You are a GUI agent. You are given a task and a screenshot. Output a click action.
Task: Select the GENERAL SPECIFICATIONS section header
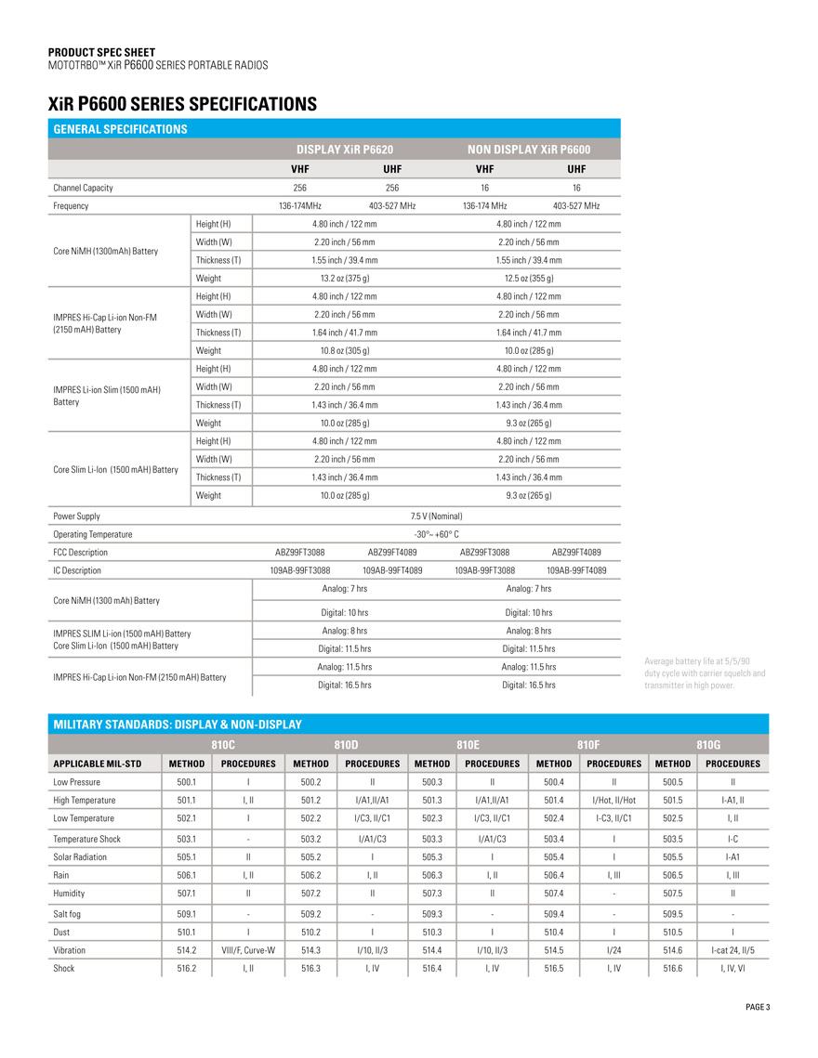pyautogui.click(x=120, y=129)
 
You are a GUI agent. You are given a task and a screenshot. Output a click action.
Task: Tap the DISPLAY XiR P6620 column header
pyautogui.click(x=345, y=149)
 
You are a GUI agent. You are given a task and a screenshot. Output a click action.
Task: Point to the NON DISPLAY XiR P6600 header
pyautogui.click(x=528, y=149)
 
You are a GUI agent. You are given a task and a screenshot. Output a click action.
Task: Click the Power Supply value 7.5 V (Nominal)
pyautogui.click(x=436, y=516)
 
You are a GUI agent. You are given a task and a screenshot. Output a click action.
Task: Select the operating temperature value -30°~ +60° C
pyautogui.click(x=436, y=534)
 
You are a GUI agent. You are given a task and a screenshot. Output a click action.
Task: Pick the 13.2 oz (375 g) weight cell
pyautogui.click(x=344, y=279)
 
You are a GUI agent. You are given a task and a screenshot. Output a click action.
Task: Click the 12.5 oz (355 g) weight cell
pyautogui.click(x=528, y=279)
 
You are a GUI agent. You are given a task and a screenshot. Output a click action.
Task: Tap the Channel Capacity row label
pyautogui.click(x=83, y=188)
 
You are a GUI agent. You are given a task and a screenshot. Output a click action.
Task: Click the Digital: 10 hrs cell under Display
pyautogui.click(x=344, y=612)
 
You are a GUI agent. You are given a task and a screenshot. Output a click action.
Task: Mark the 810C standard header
pyautogui.click(x=223, y=744)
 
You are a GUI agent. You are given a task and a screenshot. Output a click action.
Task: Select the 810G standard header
pyautogui.click(x=709, y=744)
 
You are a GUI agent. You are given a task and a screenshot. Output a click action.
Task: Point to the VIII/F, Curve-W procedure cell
pyautogui.click(x=248, y=950)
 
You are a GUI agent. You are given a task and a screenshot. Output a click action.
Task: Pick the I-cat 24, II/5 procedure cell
pyautogui.click(x=732, y=950)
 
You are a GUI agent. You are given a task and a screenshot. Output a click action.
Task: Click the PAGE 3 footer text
pyautogui.click(x=758, y=1007)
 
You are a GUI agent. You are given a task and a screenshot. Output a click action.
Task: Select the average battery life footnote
pyautogui.click(x=705, y=673)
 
